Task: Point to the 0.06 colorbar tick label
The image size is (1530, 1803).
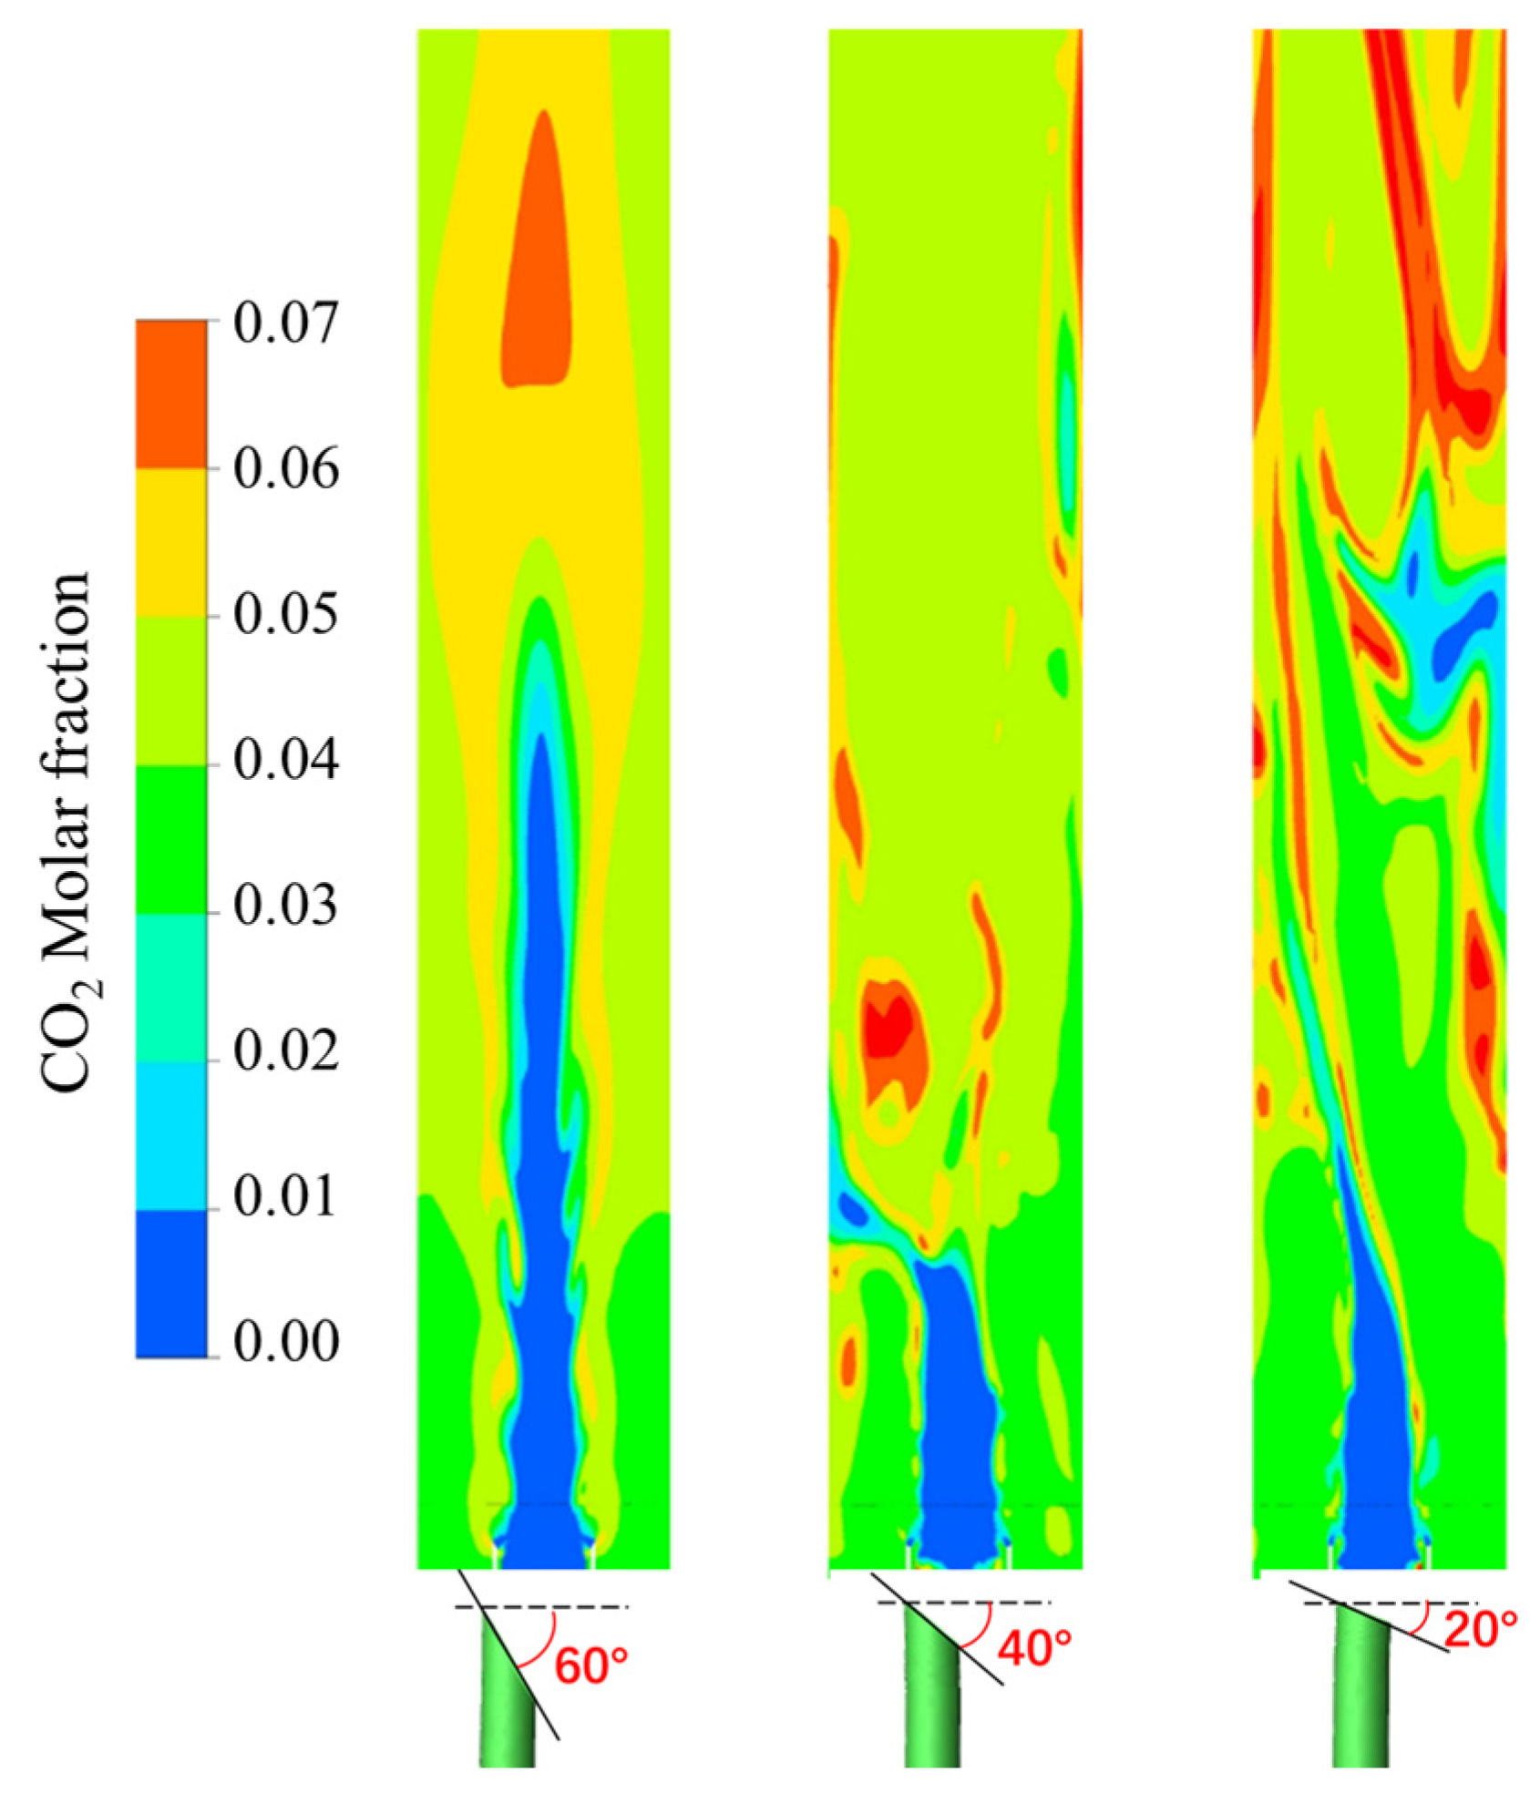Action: click(285, 470)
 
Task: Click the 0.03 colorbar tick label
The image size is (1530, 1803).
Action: click(285, 906)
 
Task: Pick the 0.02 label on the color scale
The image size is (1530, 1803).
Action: click(285, 1051)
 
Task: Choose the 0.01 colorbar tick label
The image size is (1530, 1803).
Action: click(285, 1197)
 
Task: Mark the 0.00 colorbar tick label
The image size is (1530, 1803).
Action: click(285, 1343)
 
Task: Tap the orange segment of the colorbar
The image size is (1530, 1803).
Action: click(171, 394)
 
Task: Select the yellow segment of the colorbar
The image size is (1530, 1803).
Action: click(171, 543)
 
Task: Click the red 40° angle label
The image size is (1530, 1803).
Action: click(1034, 1647)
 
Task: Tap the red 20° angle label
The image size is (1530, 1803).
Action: click(1481, 1630)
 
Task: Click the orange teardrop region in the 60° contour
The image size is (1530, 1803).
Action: click(539, 273)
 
